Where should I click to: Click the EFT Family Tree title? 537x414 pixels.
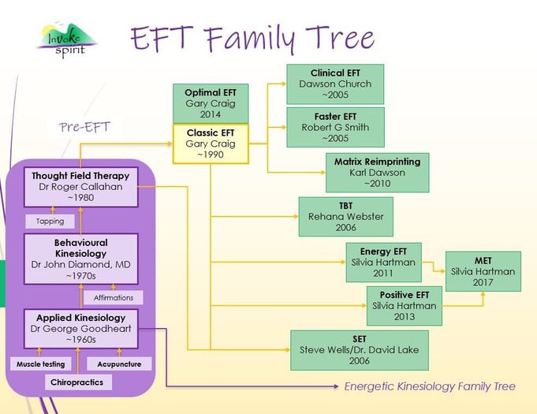252,38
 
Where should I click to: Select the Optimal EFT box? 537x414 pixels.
211,103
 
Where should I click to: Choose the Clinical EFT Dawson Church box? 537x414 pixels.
336,84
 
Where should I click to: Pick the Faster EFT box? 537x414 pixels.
336,127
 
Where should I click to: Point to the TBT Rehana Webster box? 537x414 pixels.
345,216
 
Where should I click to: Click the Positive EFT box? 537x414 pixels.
405,306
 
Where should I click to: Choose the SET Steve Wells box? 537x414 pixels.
360,350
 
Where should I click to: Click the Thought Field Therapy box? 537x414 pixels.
81,187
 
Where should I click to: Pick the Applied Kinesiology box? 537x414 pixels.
81,329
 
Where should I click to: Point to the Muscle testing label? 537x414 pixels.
42,364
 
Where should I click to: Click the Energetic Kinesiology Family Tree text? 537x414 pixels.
430,386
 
